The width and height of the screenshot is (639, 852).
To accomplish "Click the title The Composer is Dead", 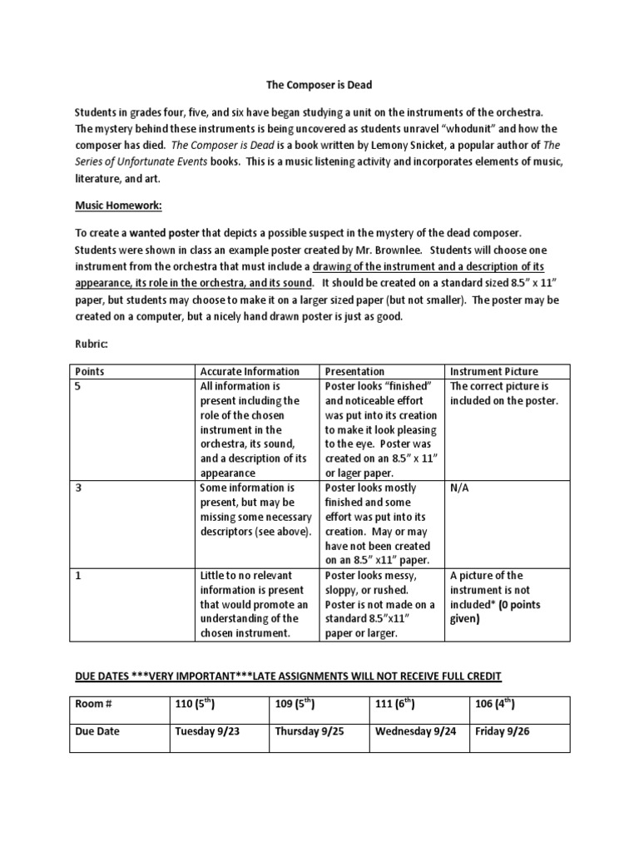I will click(319, 84).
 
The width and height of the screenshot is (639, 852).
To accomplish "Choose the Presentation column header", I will click(354, 371).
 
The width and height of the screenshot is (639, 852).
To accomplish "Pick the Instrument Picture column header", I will click(494, 371).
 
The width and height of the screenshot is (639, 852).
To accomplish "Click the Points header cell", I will click(90, 371).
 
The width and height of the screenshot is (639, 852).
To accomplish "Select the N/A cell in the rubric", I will click(460, 488).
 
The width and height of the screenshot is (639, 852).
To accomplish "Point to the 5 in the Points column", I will click(78, 386).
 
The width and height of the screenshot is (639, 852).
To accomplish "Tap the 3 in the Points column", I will click(78, 488).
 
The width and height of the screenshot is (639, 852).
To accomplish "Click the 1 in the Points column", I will click(78, 575).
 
